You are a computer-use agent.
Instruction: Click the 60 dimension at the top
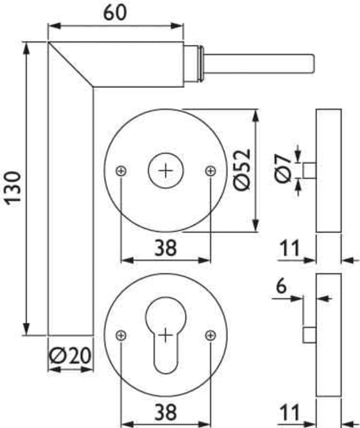pos(115,12)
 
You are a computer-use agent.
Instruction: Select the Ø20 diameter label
pos(70,356)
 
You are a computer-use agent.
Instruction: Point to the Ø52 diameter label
pos(242,170)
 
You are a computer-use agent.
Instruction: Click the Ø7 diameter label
pos(283,168)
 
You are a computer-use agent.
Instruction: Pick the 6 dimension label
pos(281,286)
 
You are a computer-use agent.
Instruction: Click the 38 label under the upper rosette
pos(165,248)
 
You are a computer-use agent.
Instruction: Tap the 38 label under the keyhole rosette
pos(165,412)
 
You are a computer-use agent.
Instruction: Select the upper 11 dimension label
pos(289,248)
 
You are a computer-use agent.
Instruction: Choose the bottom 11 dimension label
pos(289,412)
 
